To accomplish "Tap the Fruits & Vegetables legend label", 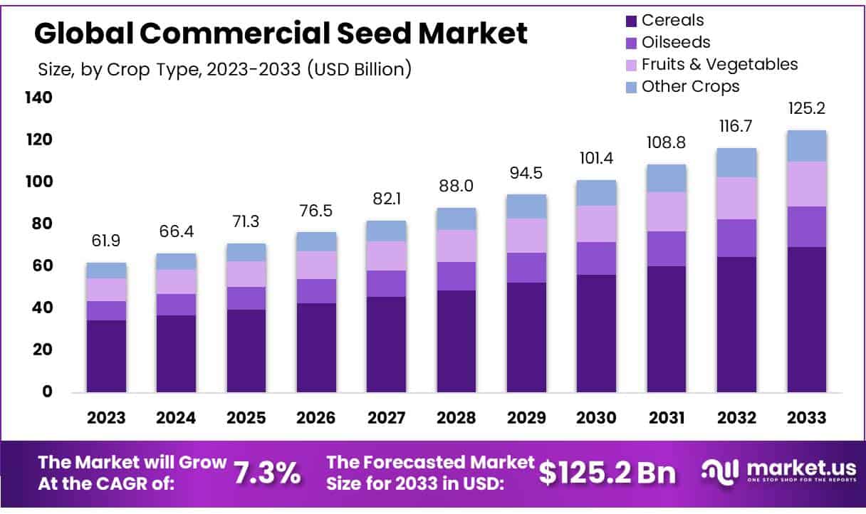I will (719, 64).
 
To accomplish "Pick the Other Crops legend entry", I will (690, 86).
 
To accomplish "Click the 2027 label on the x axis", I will (387, 418).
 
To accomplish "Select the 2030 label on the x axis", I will (597, 418).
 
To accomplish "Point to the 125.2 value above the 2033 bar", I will (806, 109).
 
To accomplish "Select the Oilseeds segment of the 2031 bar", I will (667, 248).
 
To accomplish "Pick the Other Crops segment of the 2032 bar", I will (736, 162).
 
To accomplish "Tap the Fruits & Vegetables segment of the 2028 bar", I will (457, 246).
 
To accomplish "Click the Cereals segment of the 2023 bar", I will (106, 356).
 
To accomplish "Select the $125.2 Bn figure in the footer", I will (607, 473).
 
